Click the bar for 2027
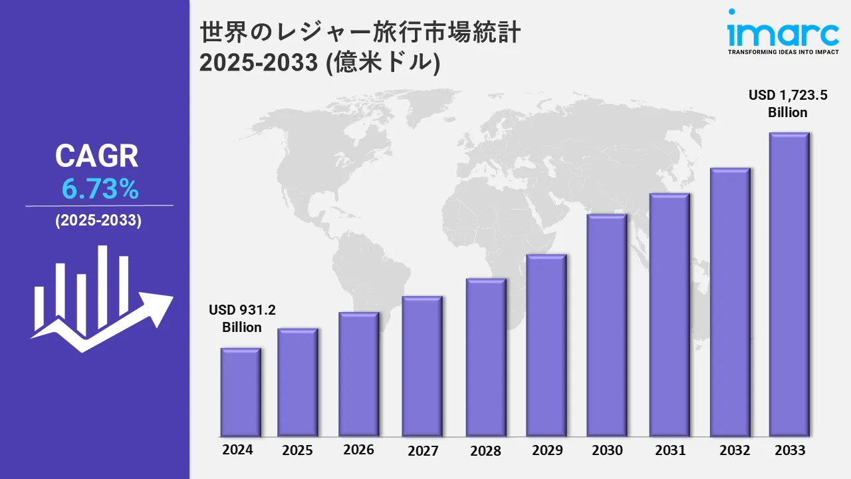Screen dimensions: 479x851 (422, 366)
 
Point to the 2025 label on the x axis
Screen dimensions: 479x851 (297, 450)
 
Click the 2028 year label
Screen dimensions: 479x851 (485, 450)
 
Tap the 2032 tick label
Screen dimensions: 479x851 (735, 450)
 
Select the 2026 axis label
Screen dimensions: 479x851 (358, 450)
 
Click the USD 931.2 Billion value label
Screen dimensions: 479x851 (242, 319)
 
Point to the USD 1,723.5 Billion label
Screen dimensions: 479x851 (788, 104)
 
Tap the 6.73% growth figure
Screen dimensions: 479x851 (100, 190)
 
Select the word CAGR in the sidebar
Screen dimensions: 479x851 (97, 156)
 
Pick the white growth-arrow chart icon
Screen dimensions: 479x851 (100, 299)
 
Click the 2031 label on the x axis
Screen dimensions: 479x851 (669, 450)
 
